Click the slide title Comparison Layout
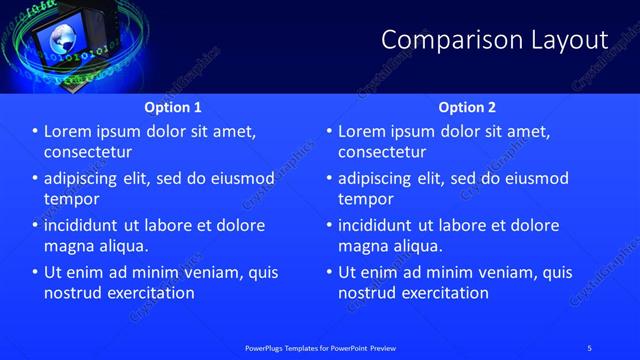pos(494,40)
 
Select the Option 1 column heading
pos(173,107)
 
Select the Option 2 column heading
pos(467,107)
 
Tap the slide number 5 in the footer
pos(590,348)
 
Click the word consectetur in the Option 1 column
pos(88,152)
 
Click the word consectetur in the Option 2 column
pos(382,152)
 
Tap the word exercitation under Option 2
pos(444,293)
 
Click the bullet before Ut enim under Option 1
pos(35,272)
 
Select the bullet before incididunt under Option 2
pos(329,226)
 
